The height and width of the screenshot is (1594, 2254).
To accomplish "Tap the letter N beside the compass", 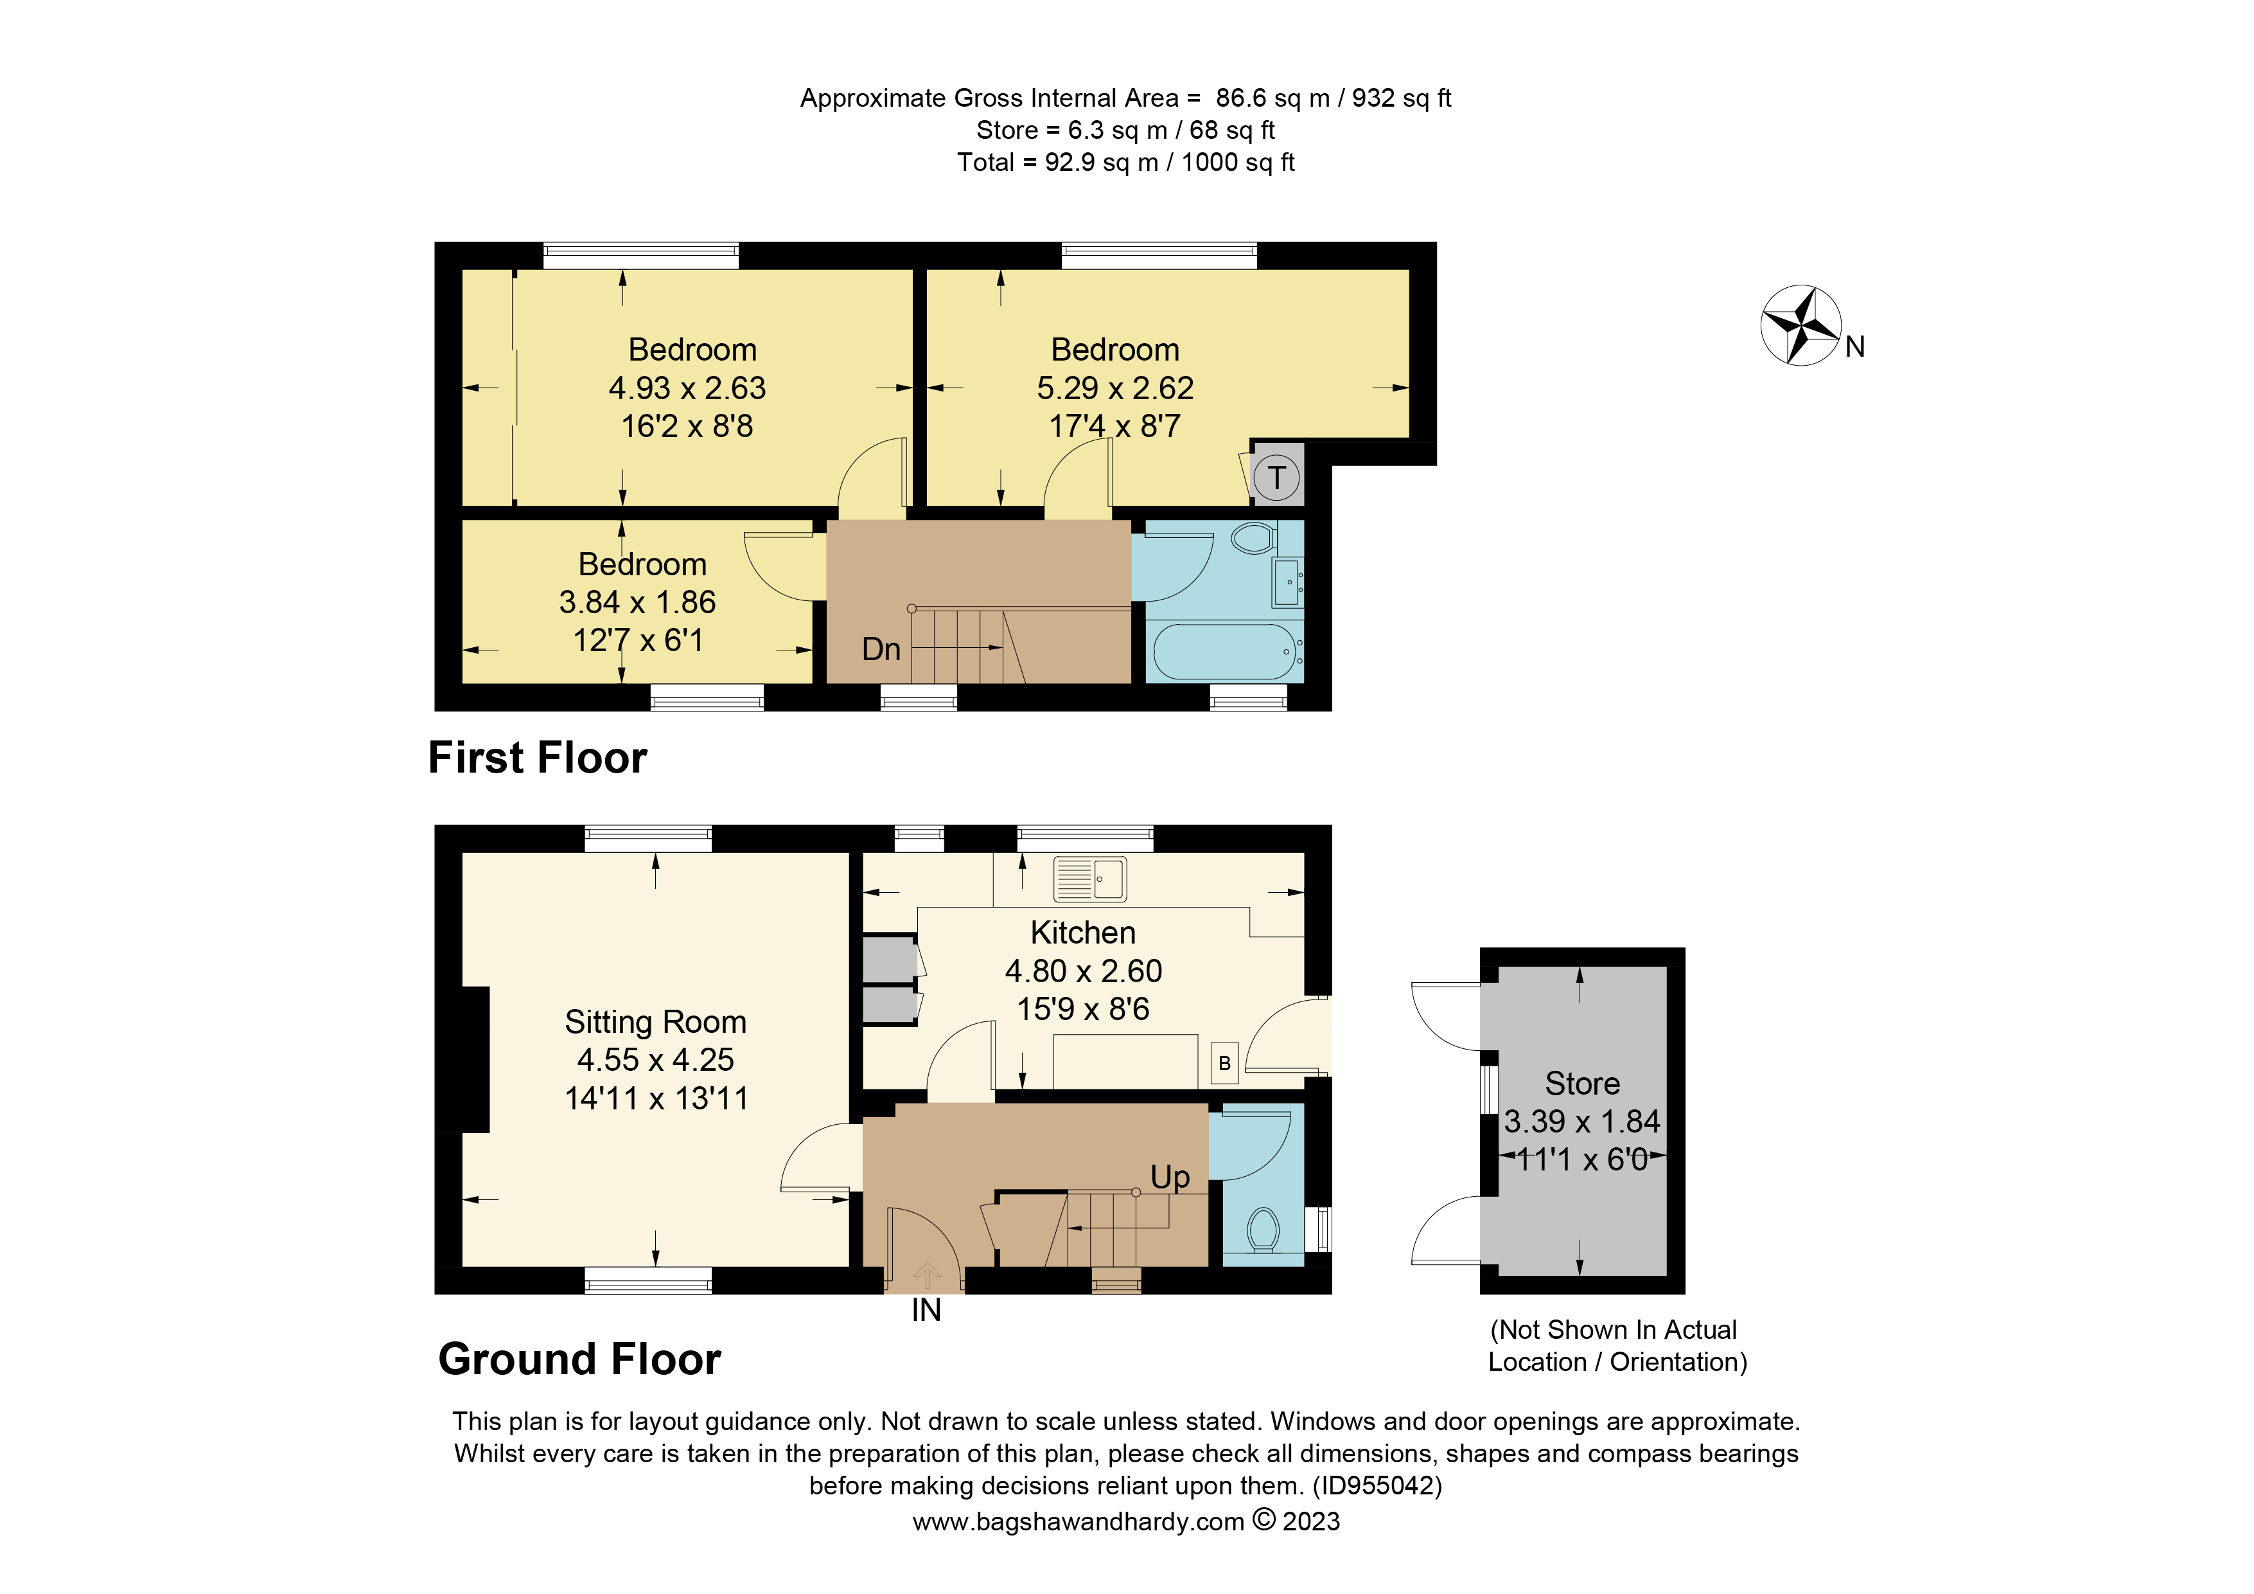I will tap(1854, 346).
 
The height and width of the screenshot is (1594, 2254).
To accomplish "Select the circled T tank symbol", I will tap(1276, 478).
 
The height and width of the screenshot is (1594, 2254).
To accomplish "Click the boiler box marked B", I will tap(1224, 1062).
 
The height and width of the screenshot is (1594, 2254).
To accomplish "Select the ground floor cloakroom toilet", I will tap(1262, 1229).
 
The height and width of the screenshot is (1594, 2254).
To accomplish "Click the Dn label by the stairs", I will tap(881, 649).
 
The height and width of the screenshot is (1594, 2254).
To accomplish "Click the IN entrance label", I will tap(926, 1310).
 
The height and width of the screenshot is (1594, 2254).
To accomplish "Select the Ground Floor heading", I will tap(579, 1359).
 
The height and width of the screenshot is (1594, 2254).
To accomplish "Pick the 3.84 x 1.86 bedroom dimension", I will tap(637, 602).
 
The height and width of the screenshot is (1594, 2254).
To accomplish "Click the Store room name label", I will tap(1581, 1083).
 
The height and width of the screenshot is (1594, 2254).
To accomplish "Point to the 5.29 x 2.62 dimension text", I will tap(1114, 388).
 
